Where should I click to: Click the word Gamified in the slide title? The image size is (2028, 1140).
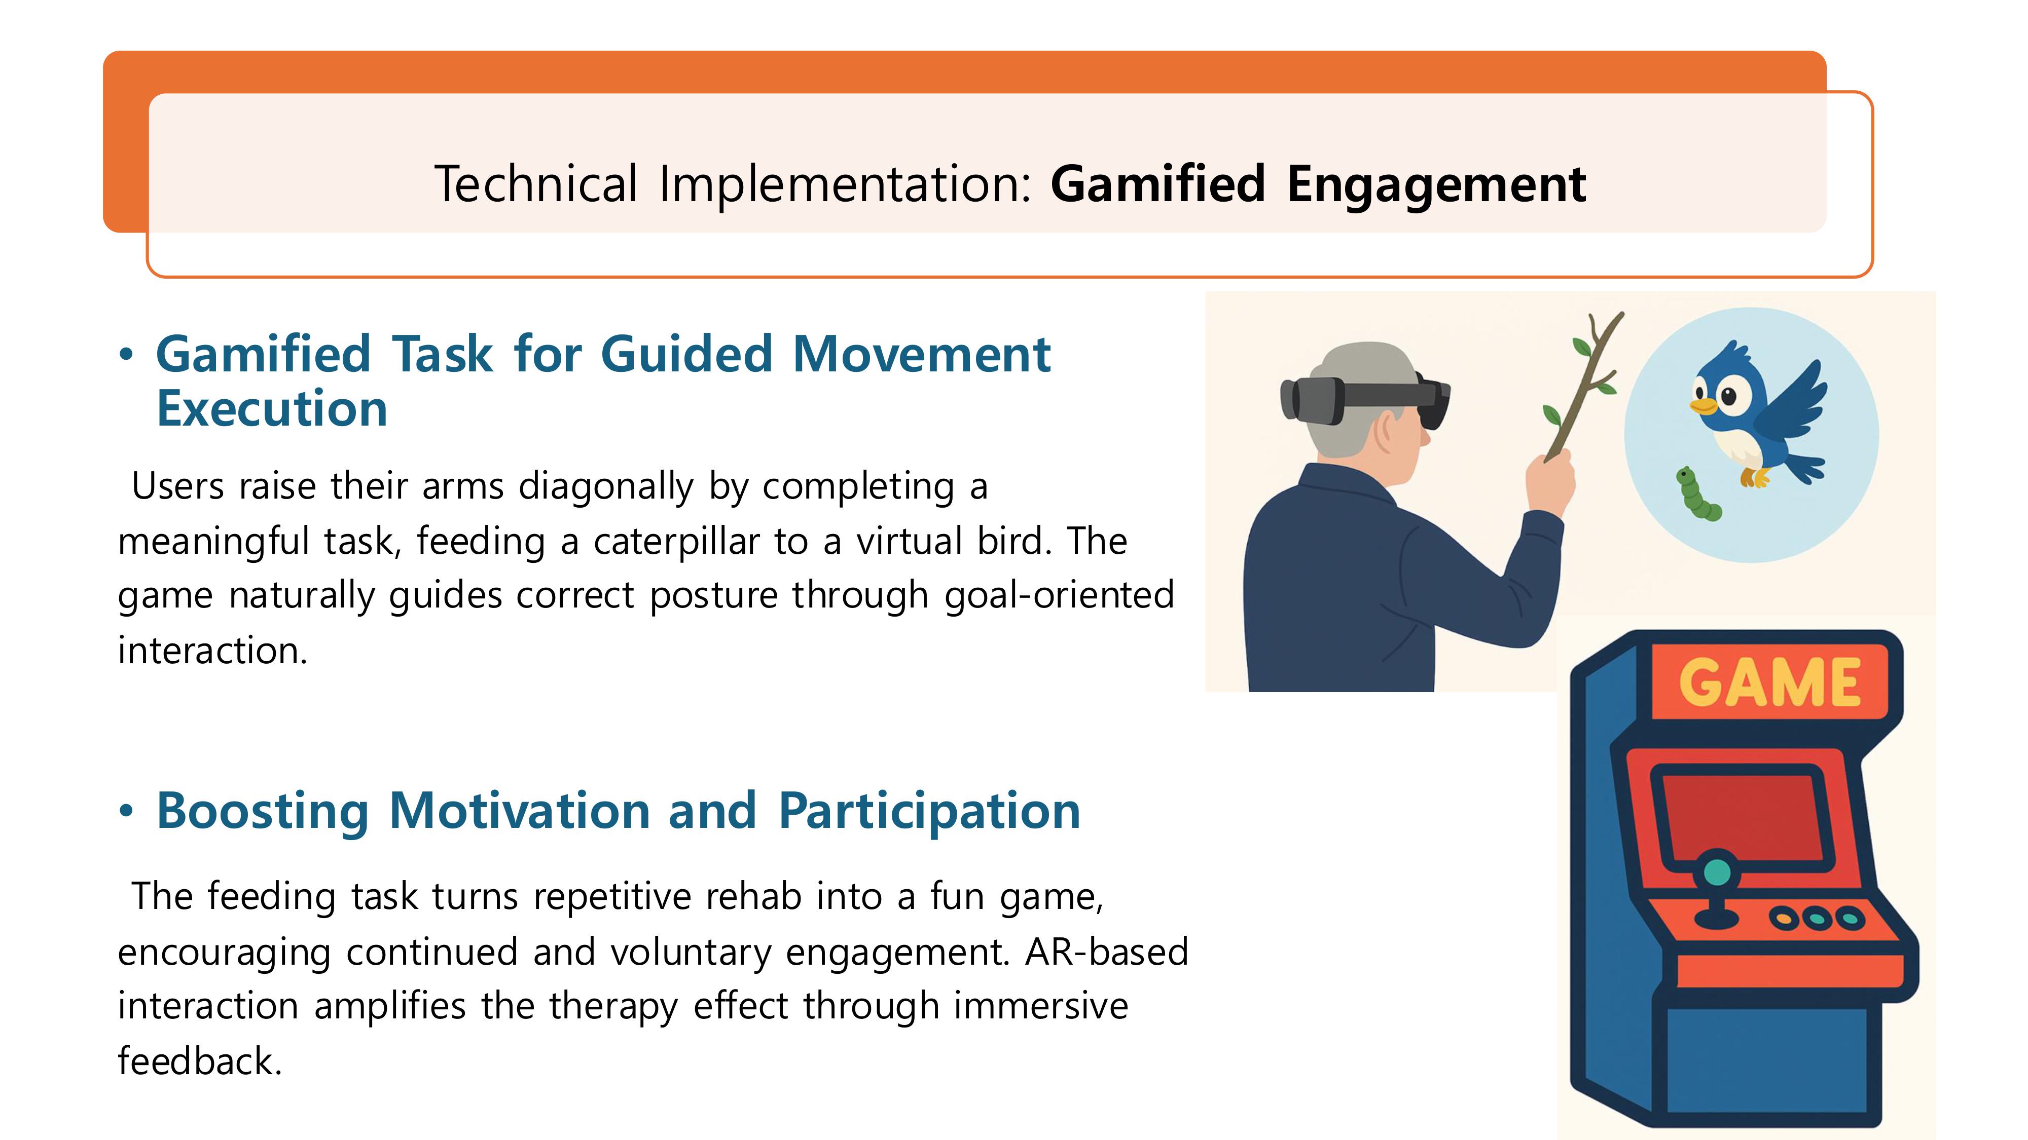point(1157,185)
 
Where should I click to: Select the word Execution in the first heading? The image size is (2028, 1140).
point(272,409)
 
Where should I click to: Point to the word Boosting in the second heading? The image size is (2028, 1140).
point(263,812)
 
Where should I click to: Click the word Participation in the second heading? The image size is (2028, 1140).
point(929,812)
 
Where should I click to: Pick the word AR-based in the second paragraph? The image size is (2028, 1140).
point(1106,952)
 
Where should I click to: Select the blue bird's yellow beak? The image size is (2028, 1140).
point(1703,406)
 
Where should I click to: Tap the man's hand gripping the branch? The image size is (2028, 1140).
point(1550,480)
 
